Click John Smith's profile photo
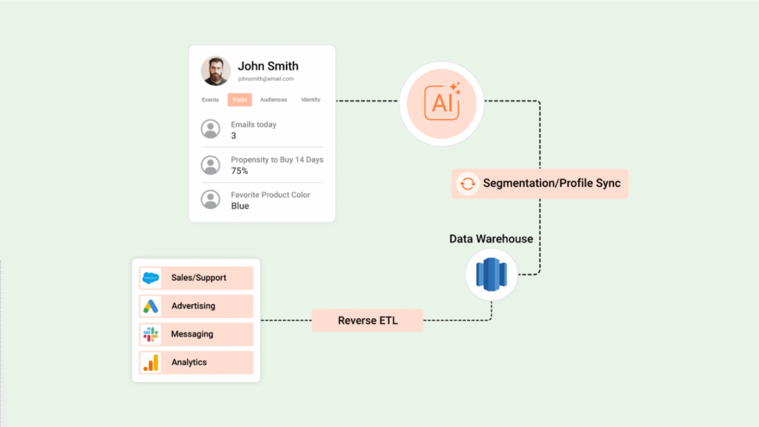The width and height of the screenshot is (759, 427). (216, 71)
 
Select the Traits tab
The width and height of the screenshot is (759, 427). (239, 100)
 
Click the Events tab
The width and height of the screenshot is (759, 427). (210, 100)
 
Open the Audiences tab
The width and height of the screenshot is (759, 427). (274, 100)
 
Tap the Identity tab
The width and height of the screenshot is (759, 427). (311, 100)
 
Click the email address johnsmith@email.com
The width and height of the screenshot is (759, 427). (265, 79)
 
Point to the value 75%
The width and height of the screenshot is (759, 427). (239, 171)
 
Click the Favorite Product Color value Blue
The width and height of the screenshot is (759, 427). (240, 206)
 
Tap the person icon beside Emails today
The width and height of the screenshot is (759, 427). (211, 129)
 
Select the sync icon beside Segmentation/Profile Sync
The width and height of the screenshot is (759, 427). (468, 183)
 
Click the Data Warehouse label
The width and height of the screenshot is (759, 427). (491, 239)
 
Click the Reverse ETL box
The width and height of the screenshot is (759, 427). (368, 321)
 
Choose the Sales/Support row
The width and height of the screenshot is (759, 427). (196, 278)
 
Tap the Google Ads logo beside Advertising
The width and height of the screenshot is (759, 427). (150, 306)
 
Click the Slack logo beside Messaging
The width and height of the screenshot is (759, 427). (150, 334)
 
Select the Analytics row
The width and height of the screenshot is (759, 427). (196, 363)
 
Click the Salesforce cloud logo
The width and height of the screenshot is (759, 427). (150, 278)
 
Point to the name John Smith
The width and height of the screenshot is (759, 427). (268, 66)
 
